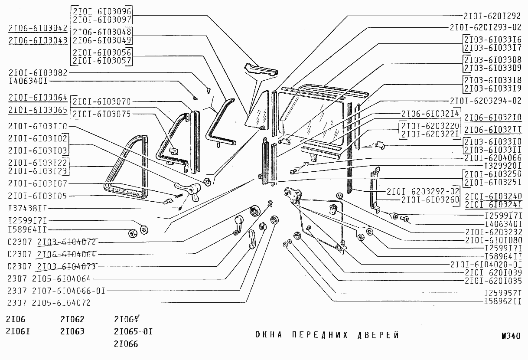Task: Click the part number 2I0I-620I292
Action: [492, 16]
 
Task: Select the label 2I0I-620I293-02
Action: [486, 27]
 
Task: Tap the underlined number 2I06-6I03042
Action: [38, 29]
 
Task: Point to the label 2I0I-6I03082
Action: [38, 73]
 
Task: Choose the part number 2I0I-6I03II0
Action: [38, 126]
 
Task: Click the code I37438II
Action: [28, 208]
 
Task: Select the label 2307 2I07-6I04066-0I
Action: [56, 291]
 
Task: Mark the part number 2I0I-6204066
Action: [492, 158]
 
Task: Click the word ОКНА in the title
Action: [268, 335]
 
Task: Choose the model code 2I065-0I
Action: [133, 332]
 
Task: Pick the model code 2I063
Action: [72, 332]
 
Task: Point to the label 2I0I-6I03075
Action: [101, 114]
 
